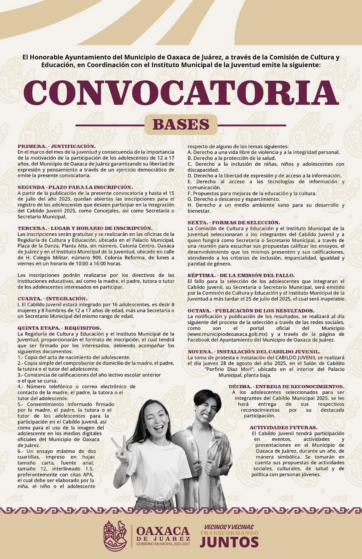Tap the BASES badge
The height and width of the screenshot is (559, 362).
click(181, 125)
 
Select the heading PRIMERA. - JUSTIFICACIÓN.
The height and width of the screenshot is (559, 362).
click(56, 146)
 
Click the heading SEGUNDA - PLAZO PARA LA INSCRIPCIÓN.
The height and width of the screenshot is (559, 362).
click(75, 187)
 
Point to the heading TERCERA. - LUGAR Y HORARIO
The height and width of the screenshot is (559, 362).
click(85, 228)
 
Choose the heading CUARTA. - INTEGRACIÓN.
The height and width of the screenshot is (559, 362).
click(52, 299)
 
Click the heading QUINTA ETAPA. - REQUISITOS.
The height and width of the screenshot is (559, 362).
click(59, 328)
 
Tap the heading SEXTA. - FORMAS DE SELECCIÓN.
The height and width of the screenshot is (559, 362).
click(233, 222)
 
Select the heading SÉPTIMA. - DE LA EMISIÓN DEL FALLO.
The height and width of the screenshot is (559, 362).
click(241, 275)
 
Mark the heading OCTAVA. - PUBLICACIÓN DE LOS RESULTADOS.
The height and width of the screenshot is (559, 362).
click(251, 311)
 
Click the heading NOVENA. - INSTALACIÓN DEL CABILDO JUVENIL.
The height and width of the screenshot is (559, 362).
click(254, 352)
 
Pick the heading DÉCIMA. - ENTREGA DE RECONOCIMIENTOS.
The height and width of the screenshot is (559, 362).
click(286, 387)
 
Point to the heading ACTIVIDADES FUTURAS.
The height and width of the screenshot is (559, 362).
click(284, 427)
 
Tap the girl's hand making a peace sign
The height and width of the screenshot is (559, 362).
click(122, 450)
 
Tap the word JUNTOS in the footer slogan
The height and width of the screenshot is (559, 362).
click(229, 542)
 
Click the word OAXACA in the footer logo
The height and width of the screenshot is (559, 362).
click(163, 531)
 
